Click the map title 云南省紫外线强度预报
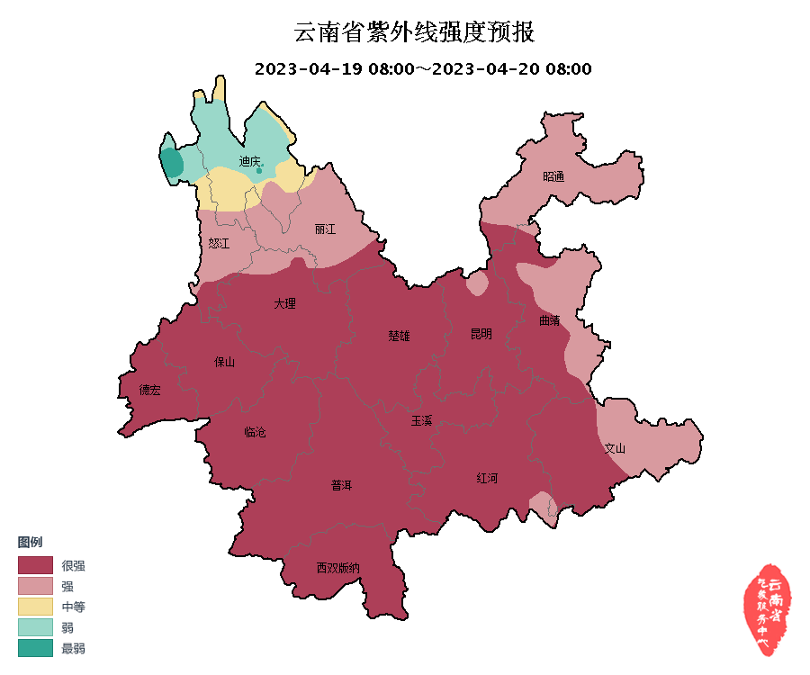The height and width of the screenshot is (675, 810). coord(414,33)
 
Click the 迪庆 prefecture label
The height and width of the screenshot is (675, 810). coord(250,162)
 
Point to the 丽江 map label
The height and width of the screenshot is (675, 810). coord(325,229)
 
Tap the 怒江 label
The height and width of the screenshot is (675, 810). coord(219,244)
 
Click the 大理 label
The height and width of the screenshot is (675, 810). coord(284,304)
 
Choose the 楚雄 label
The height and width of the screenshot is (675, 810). coord(399,336)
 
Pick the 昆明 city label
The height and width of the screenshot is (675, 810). coord(481,334)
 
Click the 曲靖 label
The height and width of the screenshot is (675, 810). coord(549,319)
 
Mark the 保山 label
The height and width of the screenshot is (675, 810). coord(224,362)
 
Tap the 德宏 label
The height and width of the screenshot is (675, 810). coord(149,390)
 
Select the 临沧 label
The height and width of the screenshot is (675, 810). coord(255,432)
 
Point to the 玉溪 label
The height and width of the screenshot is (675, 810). coord(421,420)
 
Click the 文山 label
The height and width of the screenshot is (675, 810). coord(615,447)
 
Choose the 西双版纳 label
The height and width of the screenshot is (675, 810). coord(337,568)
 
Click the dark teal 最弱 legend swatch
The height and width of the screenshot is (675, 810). coord(35,647)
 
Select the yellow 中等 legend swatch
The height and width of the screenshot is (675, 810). coord(35,606)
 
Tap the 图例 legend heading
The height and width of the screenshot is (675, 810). coord(30,542)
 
